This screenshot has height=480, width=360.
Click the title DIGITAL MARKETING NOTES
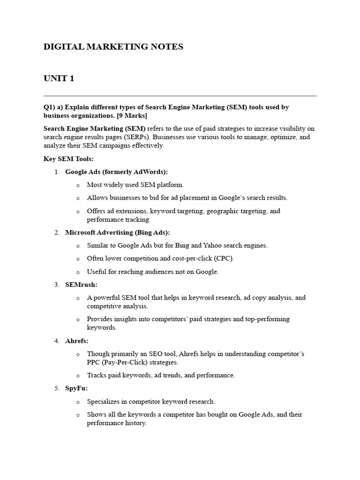[x=113, y=47]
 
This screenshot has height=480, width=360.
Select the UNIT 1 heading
[x=59, y=78]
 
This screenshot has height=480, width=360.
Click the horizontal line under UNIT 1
[x=180, y=96]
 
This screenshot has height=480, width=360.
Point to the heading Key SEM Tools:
[x=68, y=159]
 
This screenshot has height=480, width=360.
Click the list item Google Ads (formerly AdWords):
[x=116, y=172]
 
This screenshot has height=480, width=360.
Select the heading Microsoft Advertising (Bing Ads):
[x=118, y=232]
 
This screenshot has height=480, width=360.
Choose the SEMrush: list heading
[x=82, y=285]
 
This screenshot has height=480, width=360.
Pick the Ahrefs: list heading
[x=77, y=341]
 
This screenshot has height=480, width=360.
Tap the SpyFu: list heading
[x=76, y=389]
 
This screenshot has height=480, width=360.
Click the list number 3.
[x=57, y=285]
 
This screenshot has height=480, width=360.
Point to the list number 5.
[x=57, y=389]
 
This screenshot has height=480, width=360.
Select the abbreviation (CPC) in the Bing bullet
[x=224, y=258]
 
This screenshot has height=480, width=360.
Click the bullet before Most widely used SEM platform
[x=78, y=185]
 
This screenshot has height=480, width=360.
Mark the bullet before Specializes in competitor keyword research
[x=78, y=402]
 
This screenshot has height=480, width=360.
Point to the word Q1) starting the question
[x=50, y=107]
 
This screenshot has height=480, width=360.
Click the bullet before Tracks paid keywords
[x=78, y=375]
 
